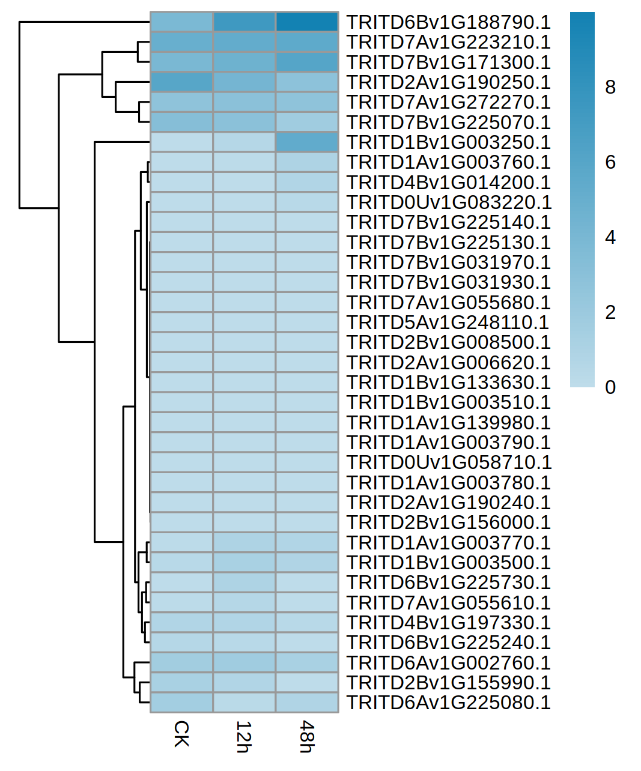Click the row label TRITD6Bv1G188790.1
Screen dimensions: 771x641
pos(448,22)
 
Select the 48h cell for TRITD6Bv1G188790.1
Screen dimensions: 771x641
pos(307,22)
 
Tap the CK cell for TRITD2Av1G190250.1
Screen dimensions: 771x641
pos(181,82)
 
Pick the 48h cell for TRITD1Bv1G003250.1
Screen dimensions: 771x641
pos(307,142)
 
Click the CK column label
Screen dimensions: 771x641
pos(181,734)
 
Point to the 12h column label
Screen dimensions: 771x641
pos(244,736)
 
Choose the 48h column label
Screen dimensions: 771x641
pos(307,736)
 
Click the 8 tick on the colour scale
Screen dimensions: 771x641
pos(610,88)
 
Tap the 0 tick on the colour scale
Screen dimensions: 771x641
pos(610,387)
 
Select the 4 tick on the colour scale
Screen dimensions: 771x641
pos(610,238)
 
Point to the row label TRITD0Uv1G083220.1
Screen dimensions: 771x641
pos(449,202)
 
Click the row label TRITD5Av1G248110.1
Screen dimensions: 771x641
pos(448,322)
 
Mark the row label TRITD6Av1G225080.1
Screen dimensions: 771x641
pos(448,703)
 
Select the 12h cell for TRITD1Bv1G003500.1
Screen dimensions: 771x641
pos(244,563)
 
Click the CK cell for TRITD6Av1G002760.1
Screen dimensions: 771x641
pos(181,663)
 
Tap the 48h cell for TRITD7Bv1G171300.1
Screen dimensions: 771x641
pos(307,62)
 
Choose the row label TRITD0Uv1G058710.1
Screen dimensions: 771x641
pos(449,462)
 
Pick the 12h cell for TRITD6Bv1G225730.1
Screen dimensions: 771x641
pos(244,582)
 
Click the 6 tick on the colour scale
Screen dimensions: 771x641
pos(610,163)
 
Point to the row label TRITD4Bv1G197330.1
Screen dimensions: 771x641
pos(448,623)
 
